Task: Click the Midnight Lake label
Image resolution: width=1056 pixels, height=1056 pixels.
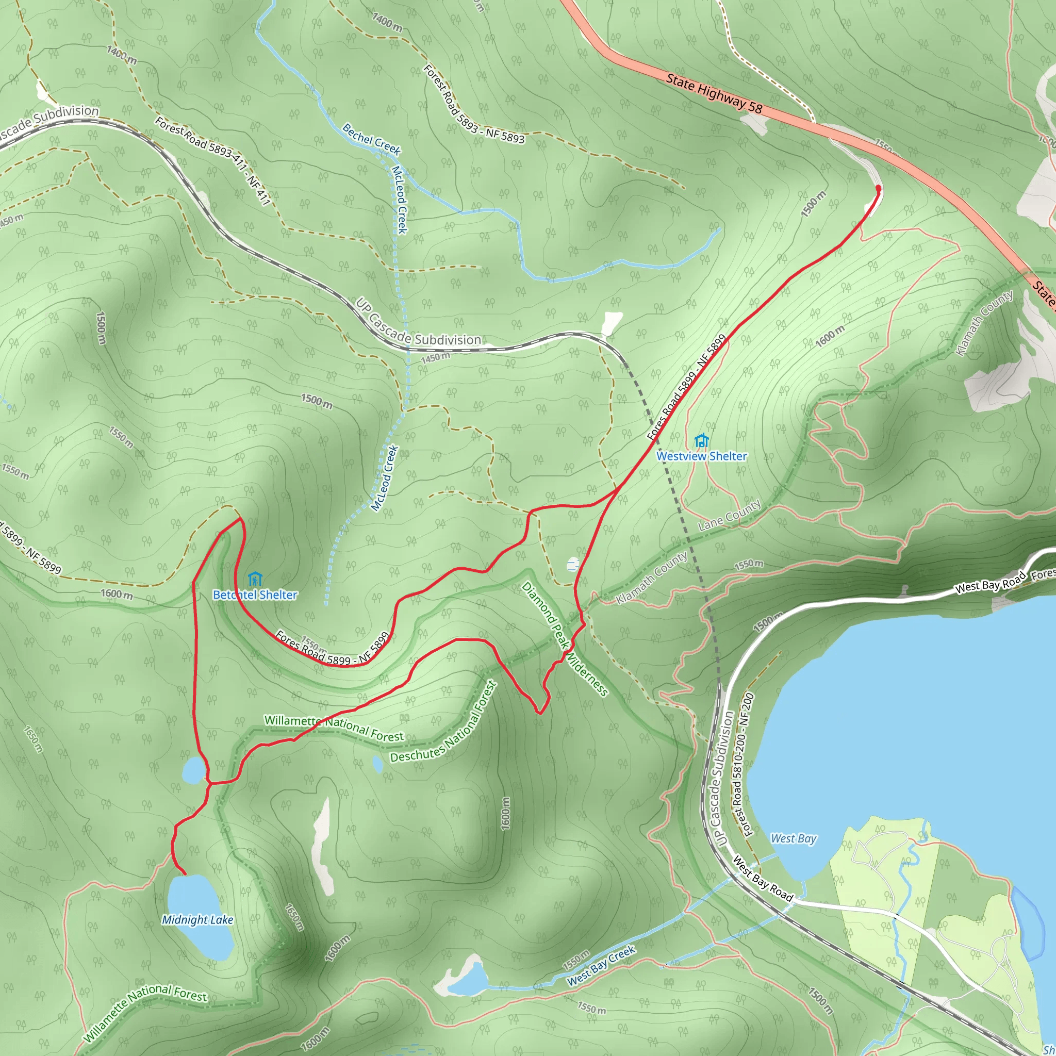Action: (197, 920)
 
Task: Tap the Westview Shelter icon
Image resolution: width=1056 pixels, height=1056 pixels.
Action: (701, 440)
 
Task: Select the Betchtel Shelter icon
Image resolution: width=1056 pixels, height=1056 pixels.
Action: (255, 579)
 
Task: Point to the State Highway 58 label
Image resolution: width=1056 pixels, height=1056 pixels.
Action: (714, 93)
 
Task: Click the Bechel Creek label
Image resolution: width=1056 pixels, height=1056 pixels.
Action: (372, 139)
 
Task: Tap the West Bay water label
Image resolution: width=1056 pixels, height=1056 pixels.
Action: (793, 838)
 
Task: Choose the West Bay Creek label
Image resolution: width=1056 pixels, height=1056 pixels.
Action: (601, 966)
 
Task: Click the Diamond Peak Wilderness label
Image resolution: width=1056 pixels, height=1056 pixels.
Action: (565, 639)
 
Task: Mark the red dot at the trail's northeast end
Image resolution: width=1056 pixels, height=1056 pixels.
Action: (878, 188)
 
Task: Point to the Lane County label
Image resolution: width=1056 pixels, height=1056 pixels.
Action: (730, 516)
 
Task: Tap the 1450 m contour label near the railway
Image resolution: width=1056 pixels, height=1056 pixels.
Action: (435, 358)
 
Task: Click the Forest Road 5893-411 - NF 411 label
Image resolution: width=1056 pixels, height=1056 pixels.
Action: (213, 161)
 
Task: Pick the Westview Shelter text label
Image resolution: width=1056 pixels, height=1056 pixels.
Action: (701, 456)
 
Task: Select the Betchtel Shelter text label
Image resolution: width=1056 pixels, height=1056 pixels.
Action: (255, 595)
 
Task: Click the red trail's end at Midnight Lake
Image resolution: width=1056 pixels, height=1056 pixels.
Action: (185, 874)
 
